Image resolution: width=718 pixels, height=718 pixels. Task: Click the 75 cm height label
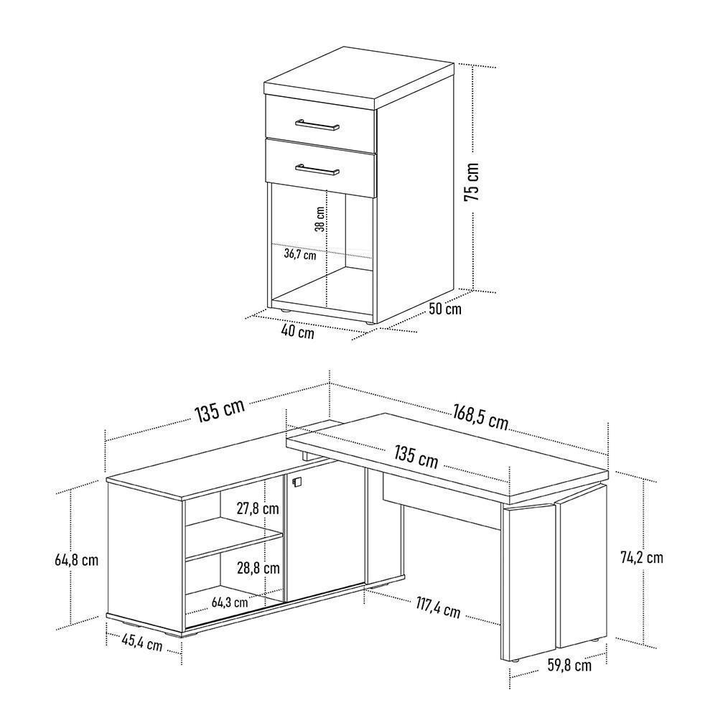472,182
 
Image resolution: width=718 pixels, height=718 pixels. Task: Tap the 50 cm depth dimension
445,309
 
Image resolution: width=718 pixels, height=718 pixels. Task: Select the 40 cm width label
298,332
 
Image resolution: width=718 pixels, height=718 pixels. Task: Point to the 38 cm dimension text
320,219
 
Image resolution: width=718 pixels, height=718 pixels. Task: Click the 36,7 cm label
300,254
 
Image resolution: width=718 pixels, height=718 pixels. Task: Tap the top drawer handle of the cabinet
317,124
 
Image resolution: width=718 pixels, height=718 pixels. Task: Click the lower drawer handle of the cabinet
317,169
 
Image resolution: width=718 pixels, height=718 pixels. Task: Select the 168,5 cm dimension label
481,416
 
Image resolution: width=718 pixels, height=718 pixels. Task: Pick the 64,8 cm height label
77,559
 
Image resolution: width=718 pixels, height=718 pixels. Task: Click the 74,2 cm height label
641,557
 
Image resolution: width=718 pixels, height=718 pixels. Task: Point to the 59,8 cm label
569,665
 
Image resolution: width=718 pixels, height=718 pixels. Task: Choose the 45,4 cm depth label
142,643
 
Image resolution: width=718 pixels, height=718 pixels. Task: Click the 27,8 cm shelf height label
258,508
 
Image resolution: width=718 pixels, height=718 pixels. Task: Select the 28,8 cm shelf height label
258,568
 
